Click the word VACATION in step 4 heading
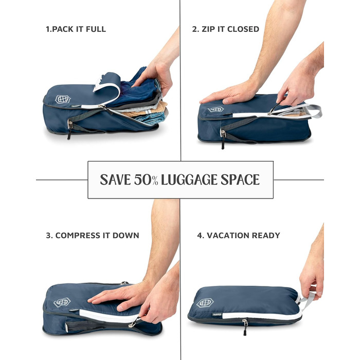[x=228, y=236]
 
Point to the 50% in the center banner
[x=146, y=179]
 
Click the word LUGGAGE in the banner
[x=189, y=179]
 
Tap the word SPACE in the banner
[x=240, y=179]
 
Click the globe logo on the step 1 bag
[x=63, y=99]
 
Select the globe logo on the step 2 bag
[x=216, y=110]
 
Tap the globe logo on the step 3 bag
[x=62, y=302]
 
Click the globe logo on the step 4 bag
[x=205, y=303]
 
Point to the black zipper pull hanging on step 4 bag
[x=245, y=328]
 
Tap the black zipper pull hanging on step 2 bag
[x=223, y=139]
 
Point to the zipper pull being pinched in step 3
[x=135, y=321]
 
